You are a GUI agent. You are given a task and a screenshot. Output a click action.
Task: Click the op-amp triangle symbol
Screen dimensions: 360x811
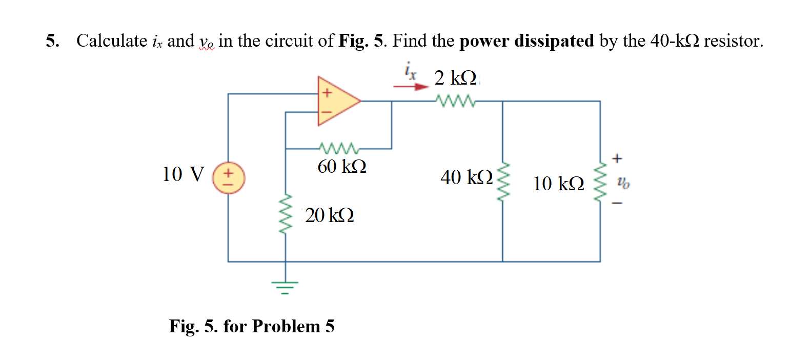(336, 101)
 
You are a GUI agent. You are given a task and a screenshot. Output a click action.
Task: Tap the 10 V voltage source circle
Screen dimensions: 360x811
(229, 178)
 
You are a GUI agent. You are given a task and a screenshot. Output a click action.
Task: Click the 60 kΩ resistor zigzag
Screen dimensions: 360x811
(339, 149)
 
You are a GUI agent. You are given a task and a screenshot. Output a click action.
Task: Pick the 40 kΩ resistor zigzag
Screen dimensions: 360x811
(503, 183)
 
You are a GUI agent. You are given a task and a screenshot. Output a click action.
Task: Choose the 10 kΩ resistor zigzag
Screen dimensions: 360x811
(600, 183)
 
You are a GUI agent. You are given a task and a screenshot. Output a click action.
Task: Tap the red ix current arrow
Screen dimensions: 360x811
(411, 87)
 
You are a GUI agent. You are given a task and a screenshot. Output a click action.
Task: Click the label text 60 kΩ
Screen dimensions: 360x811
(342, 167)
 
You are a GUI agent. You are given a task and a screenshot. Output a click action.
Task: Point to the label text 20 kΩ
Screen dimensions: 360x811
(330, 215)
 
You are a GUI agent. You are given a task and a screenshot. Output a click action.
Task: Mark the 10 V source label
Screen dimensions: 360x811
(183, 174)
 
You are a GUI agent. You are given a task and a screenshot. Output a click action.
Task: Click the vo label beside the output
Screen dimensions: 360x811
(623, 182)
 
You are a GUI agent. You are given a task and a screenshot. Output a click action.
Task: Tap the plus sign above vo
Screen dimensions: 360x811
(617, 158)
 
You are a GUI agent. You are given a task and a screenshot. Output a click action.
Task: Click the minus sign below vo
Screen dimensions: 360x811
(617, 204)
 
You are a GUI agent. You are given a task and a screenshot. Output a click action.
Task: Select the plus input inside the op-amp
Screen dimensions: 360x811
(327, 93)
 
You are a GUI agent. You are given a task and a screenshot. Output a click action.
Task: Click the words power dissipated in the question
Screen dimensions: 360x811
(526, 41)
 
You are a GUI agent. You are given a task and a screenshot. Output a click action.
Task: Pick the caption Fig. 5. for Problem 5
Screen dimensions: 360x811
(252, 326)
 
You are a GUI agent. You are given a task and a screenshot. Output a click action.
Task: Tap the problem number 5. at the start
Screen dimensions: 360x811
(52, 41)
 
